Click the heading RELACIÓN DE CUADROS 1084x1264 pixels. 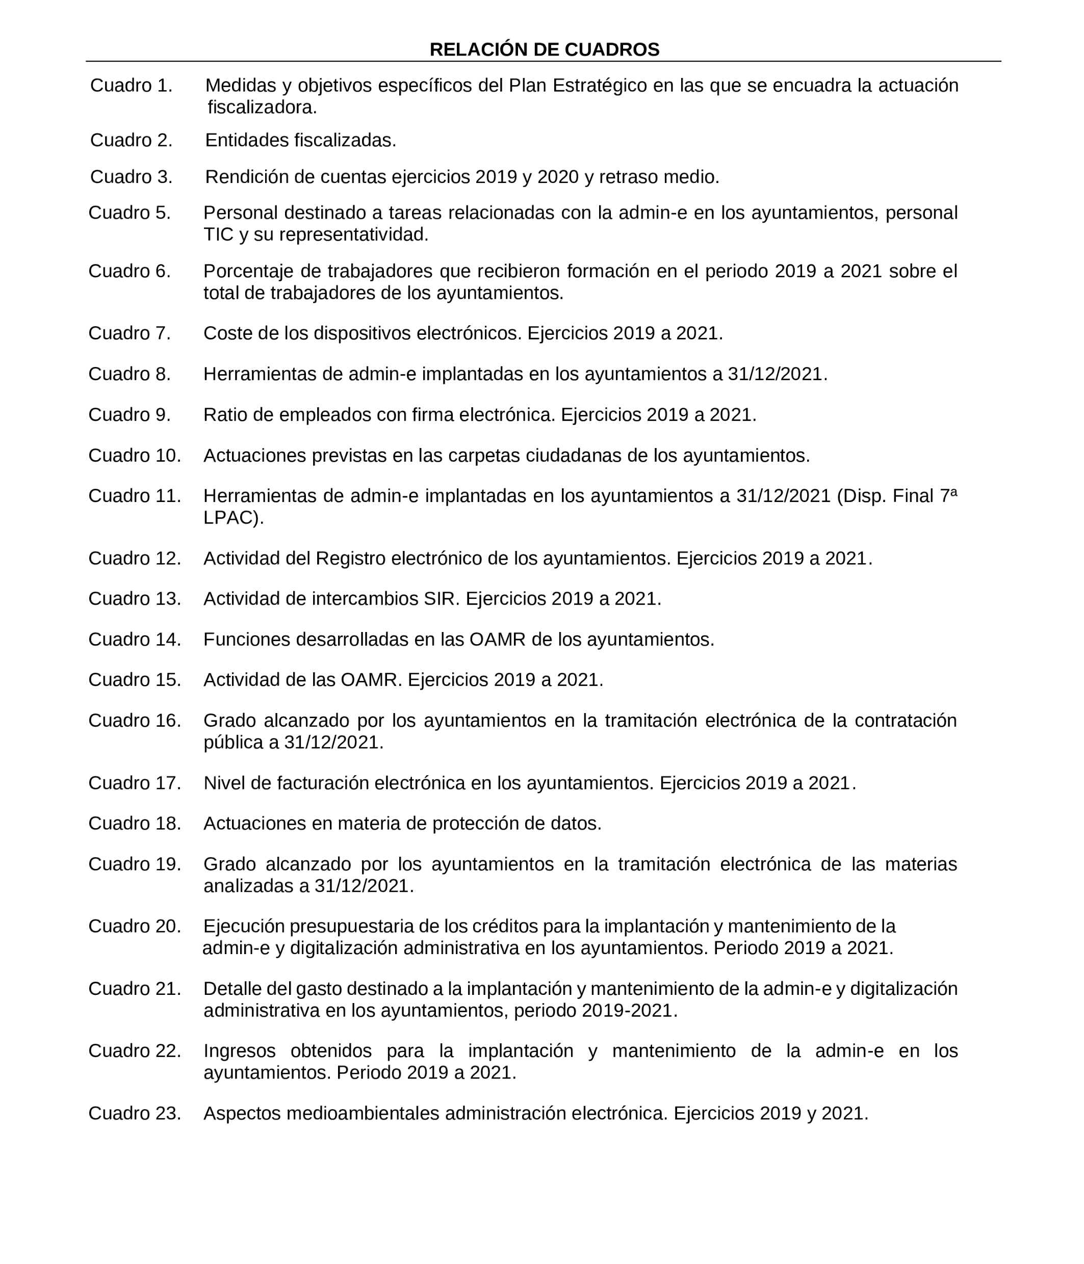[x=544, y=49]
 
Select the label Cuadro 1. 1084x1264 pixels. [x=131, y=86]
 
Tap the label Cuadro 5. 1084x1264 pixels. [x=130, y=213]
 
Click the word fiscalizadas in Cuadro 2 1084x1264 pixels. [x=345, y=140]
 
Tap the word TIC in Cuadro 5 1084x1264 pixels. [x=218, y=235]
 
